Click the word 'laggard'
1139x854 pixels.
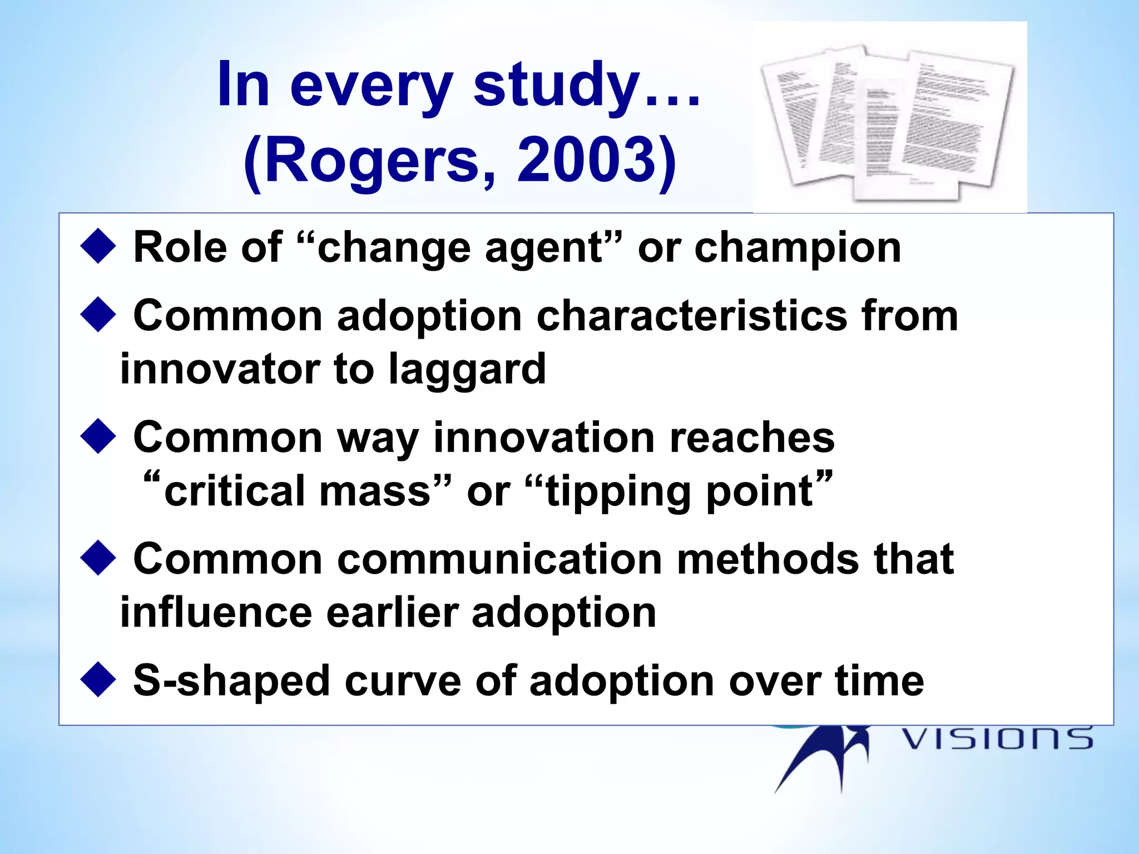[x=467, y=370]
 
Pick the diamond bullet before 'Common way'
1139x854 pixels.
[x=98, y=436]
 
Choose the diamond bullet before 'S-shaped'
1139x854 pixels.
[x=98, y=679]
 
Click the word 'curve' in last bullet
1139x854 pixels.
[x=403, y=681]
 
